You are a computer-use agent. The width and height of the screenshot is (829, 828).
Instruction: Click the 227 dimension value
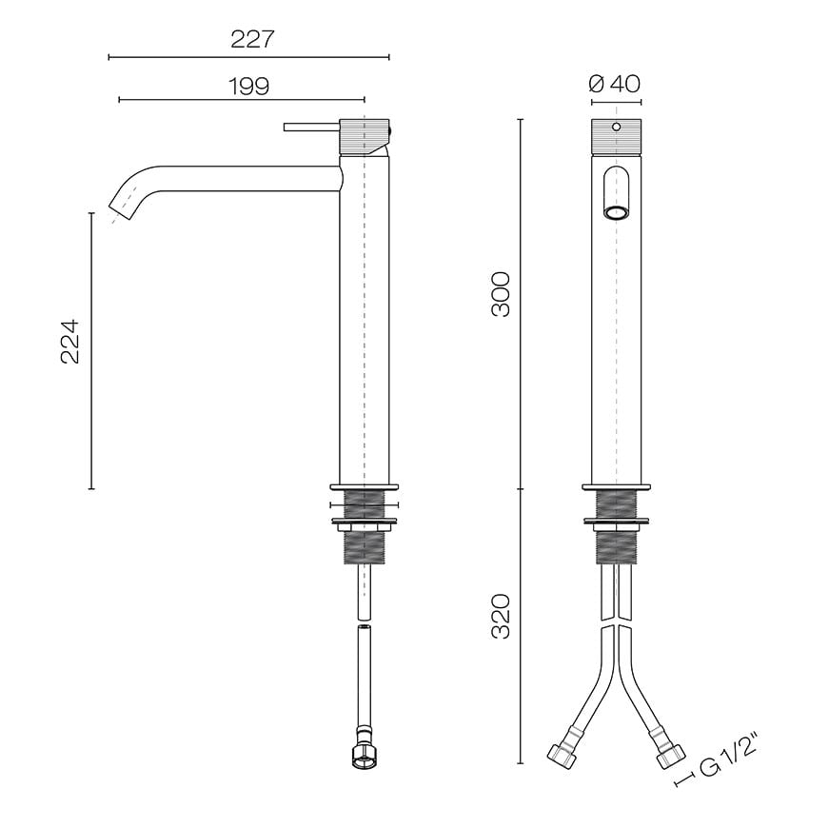(252, 39)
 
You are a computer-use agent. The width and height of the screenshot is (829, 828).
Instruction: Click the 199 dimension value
(248, 86)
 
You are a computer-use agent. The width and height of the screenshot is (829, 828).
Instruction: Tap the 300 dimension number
(501, 294)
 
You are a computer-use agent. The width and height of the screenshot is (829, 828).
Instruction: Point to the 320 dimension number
(501, 616)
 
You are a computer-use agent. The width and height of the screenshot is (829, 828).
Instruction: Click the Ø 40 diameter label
(615, 84)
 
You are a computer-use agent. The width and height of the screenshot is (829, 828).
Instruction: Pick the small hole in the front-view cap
(616, 127)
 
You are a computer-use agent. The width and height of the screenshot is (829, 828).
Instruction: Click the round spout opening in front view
(617, 212)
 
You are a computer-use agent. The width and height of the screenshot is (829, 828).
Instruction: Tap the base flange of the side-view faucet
(364, 487)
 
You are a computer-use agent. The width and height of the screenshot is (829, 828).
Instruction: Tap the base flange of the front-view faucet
(617, 487)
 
